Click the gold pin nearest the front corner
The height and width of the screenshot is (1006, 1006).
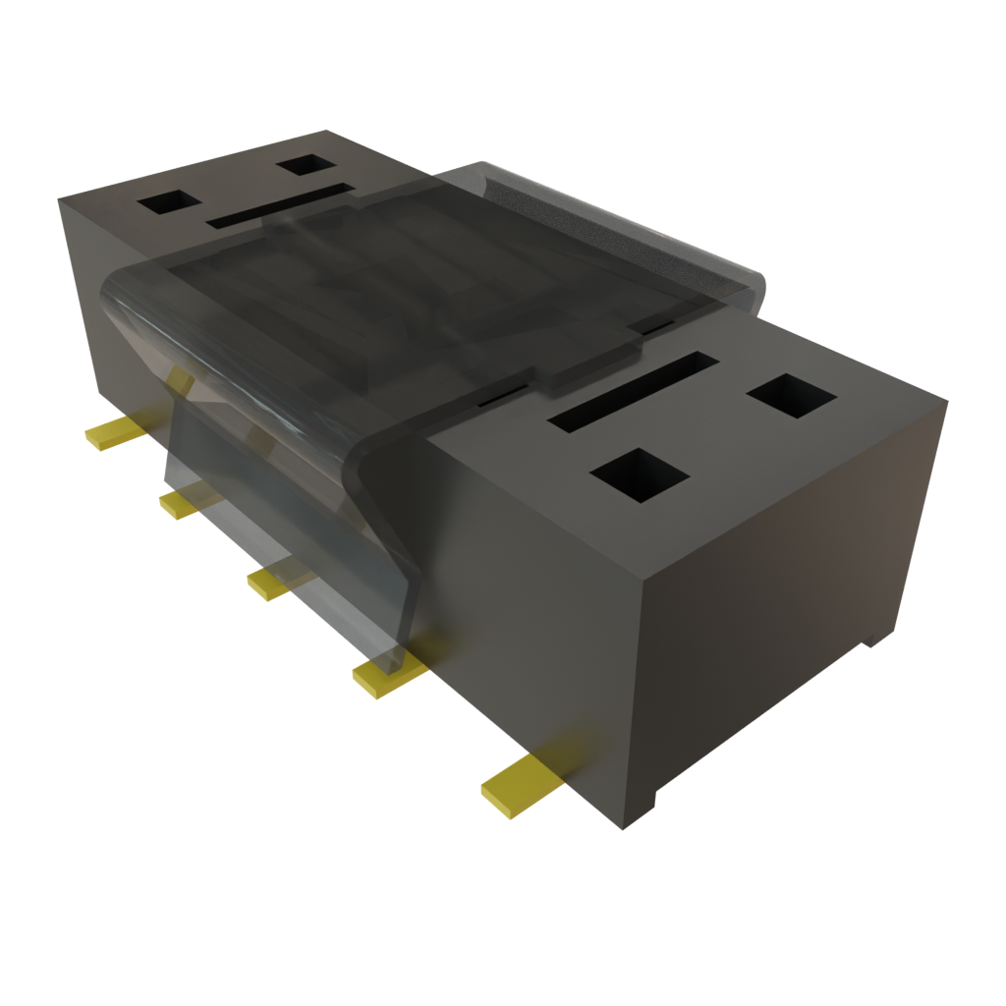tap(519, 783)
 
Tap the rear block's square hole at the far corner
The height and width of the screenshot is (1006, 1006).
tap(307, 165)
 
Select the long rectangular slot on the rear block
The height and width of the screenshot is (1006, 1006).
tap(280, 204)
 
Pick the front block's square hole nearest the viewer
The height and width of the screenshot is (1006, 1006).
tap(640, 475)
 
